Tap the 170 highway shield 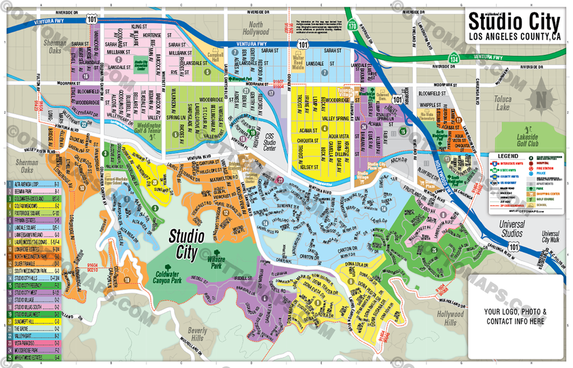click(x=351, y=26)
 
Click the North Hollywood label click(x=256, y=28)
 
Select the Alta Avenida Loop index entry click(x=34, y=184)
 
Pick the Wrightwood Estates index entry click(x=34, y=357)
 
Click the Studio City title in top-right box click(x=514, y=22)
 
